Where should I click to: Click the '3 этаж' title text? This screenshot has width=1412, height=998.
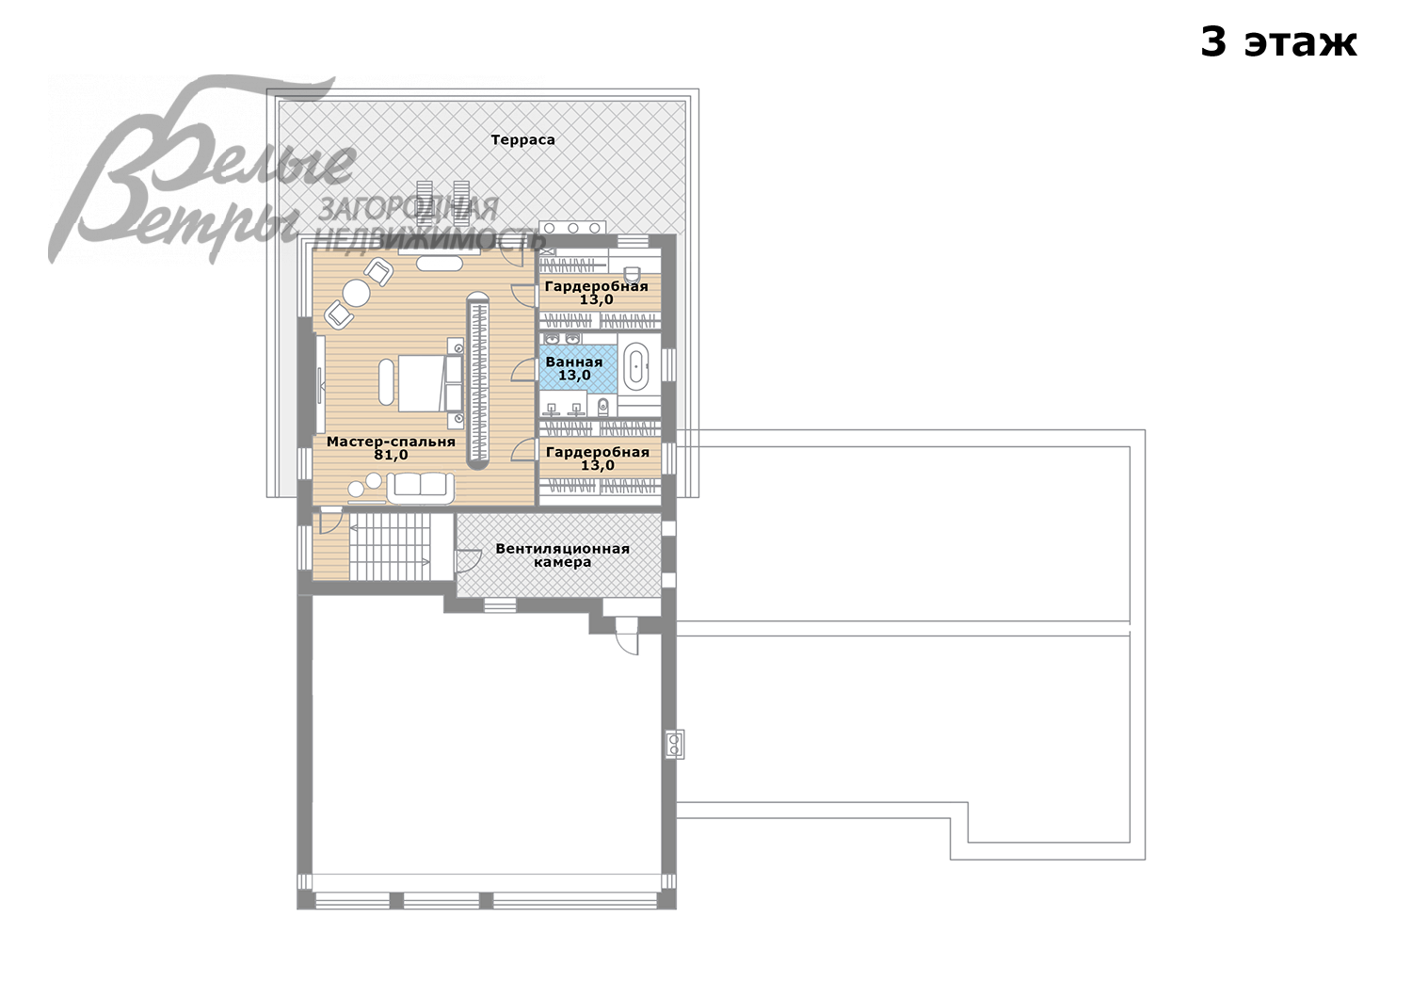1277,43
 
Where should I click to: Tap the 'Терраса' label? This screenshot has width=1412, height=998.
522,139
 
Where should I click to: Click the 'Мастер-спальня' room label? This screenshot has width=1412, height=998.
391,442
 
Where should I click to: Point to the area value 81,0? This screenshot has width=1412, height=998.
391,455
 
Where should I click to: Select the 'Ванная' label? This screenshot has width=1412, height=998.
573,362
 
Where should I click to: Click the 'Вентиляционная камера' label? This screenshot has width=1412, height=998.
562,555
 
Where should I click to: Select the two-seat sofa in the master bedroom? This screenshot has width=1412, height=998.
421,488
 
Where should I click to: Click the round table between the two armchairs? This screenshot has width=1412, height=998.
356,293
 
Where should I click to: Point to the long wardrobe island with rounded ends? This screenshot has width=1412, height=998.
479,380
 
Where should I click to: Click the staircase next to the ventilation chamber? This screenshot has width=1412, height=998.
391,546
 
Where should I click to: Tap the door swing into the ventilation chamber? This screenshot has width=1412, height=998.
468,560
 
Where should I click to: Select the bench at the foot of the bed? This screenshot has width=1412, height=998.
386,382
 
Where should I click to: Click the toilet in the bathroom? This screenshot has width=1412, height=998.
603,406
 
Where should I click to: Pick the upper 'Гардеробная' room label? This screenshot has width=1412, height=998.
596,286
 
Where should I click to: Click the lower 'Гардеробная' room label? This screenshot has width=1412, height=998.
598,452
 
